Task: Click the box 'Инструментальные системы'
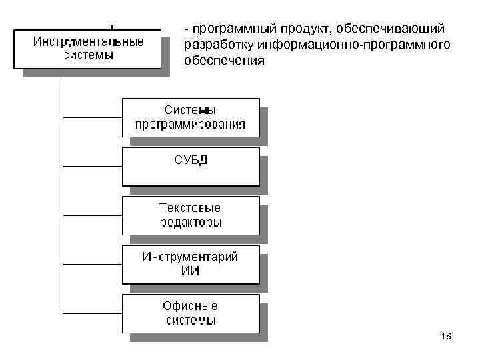pyautogui.click(x=89, y=48)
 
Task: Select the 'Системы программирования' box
pyautogui.click(x=190, y=117)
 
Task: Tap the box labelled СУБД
pyautogui.click(x=190, y=165)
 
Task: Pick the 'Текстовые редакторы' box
pyautogui.click(x=190, y=215)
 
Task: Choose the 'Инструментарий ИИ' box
pyautogui.click(x=190, y=264)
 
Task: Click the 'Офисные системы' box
pyautogui.click(x=190, y=313)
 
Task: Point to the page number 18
pyautogui.click(x=446, y=337)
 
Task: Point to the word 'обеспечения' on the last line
pyautogui.click(x=224, y=61)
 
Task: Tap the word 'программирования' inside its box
pyautogui.click(x=191, y=124)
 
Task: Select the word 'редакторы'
pyautogui.click(x=191, y=222)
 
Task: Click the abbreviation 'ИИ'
pyautogui.click(x=191, y=271)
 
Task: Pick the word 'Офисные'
pyautogui.click(x=191, y=306)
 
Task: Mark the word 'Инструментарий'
pyautogui.click(x=191, y=257)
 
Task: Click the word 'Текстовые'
pyautogui.click(x=191, y=207)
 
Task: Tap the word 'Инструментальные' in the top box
pyautogui.click(x=89, y=41)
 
